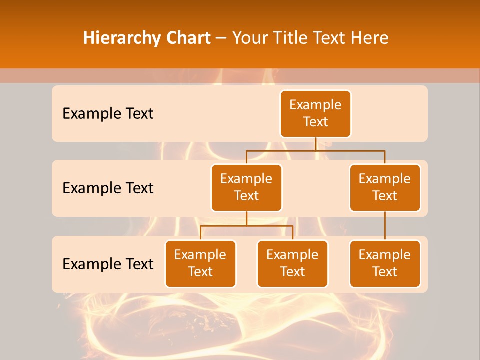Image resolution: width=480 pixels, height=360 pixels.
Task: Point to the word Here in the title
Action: [371, 38]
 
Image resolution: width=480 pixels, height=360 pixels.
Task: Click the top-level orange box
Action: [315, 113]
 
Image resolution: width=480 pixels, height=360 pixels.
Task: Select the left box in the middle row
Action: [246, 187]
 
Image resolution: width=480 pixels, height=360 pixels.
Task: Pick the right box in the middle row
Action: [385, 187]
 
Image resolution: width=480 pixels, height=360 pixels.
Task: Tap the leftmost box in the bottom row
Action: [200, 263]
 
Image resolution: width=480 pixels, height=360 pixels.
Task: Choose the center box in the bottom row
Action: [292, 263]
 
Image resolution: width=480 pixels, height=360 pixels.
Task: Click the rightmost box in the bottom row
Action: [385, 263]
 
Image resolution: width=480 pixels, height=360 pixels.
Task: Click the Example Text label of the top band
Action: [108, 114]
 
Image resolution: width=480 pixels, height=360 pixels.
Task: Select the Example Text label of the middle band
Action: [108, 188]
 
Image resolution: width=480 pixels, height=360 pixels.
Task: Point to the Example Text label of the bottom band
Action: [108, 264]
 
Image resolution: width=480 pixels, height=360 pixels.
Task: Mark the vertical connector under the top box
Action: [315, 144]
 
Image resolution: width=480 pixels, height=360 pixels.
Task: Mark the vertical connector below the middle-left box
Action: [246, 218]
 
